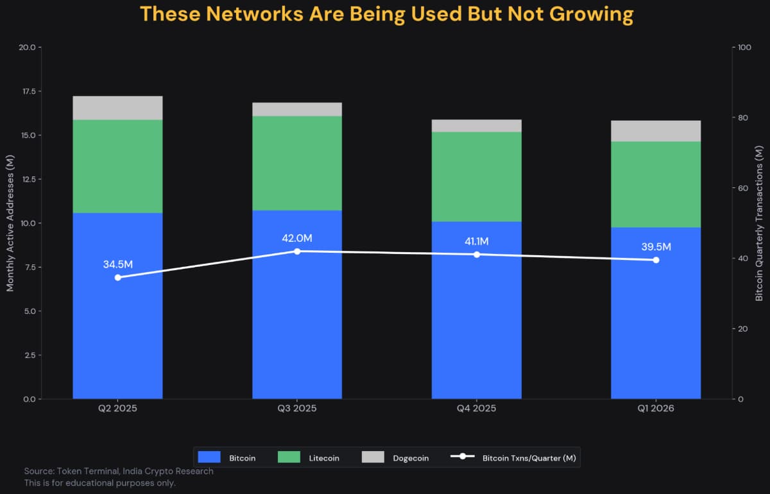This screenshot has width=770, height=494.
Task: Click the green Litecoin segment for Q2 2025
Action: pos(117,166)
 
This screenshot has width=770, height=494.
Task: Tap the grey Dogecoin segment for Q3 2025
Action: pos(297,109)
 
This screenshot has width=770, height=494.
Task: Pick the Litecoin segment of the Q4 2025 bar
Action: pos(476,176)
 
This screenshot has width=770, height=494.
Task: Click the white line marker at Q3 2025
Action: pos(297,251)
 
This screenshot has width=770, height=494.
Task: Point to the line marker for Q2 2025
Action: pos(117,277)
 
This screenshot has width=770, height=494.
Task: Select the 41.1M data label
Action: pos(476,242)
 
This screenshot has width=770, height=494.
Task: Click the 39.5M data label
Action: pos(656,247)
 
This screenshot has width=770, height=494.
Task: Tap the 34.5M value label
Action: pos(117,264)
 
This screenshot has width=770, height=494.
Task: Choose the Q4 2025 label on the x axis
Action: pos(476,409)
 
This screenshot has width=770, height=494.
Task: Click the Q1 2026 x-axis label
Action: pos(656,409)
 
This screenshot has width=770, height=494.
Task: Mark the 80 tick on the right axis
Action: pos(743,118)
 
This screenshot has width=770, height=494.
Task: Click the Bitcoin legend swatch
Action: pos(209,457)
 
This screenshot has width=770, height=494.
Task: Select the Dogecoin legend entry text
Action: pos(411,458)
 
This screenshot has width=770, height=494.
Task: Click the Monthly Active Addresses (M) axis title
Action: pos(10,223)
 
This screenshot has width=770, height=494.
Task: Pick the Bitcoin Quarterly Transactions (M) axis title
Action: pos(760,223)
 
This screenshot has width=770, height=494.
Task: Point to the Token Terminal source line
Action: pos(119,471)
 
